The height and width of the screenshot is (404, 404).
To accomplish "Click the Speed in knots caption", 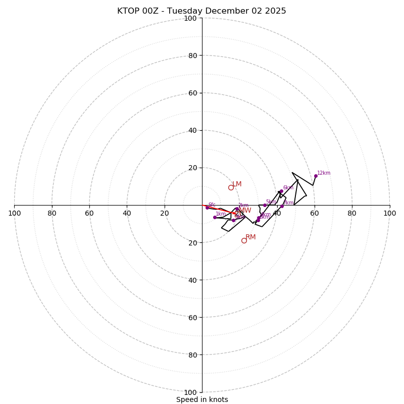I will (202, 400).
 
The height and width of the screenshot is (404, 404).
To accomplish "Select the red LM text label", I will (237, 184).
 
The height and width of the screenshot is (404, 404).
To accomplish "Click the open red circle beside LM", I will (231, 187).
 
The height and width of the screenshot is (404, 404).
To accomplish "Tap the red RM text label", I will (250, 237).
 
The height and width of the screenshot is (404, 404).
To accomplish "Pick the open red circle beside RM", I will (244, 240).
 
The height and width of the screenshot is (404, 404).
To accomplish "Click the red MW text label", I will (245, 211).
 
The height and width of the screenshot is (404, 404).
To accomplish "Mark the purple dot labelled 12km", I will (316, 176).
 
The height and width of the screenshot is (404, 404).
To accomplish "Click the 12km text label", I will (324, 173).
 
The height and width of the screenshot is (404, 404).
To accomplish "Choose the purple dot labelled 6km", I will (281, 191).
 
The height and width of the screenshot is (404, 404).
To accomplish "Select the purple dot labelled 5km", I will (265, 205).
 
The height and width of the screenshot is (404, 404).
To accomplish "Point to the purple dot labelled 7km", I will (282, 206).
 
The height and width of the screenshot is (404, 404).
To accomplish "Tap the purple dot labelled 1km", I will (215, 217).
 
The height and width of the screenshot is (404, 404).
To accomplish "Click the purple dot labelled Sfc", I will (207, 208).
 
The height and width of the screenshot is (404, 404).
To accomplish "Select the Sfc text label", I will (212, 205).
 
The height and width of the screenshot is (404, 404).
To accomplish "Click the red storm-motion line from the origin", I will (217, 209).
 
